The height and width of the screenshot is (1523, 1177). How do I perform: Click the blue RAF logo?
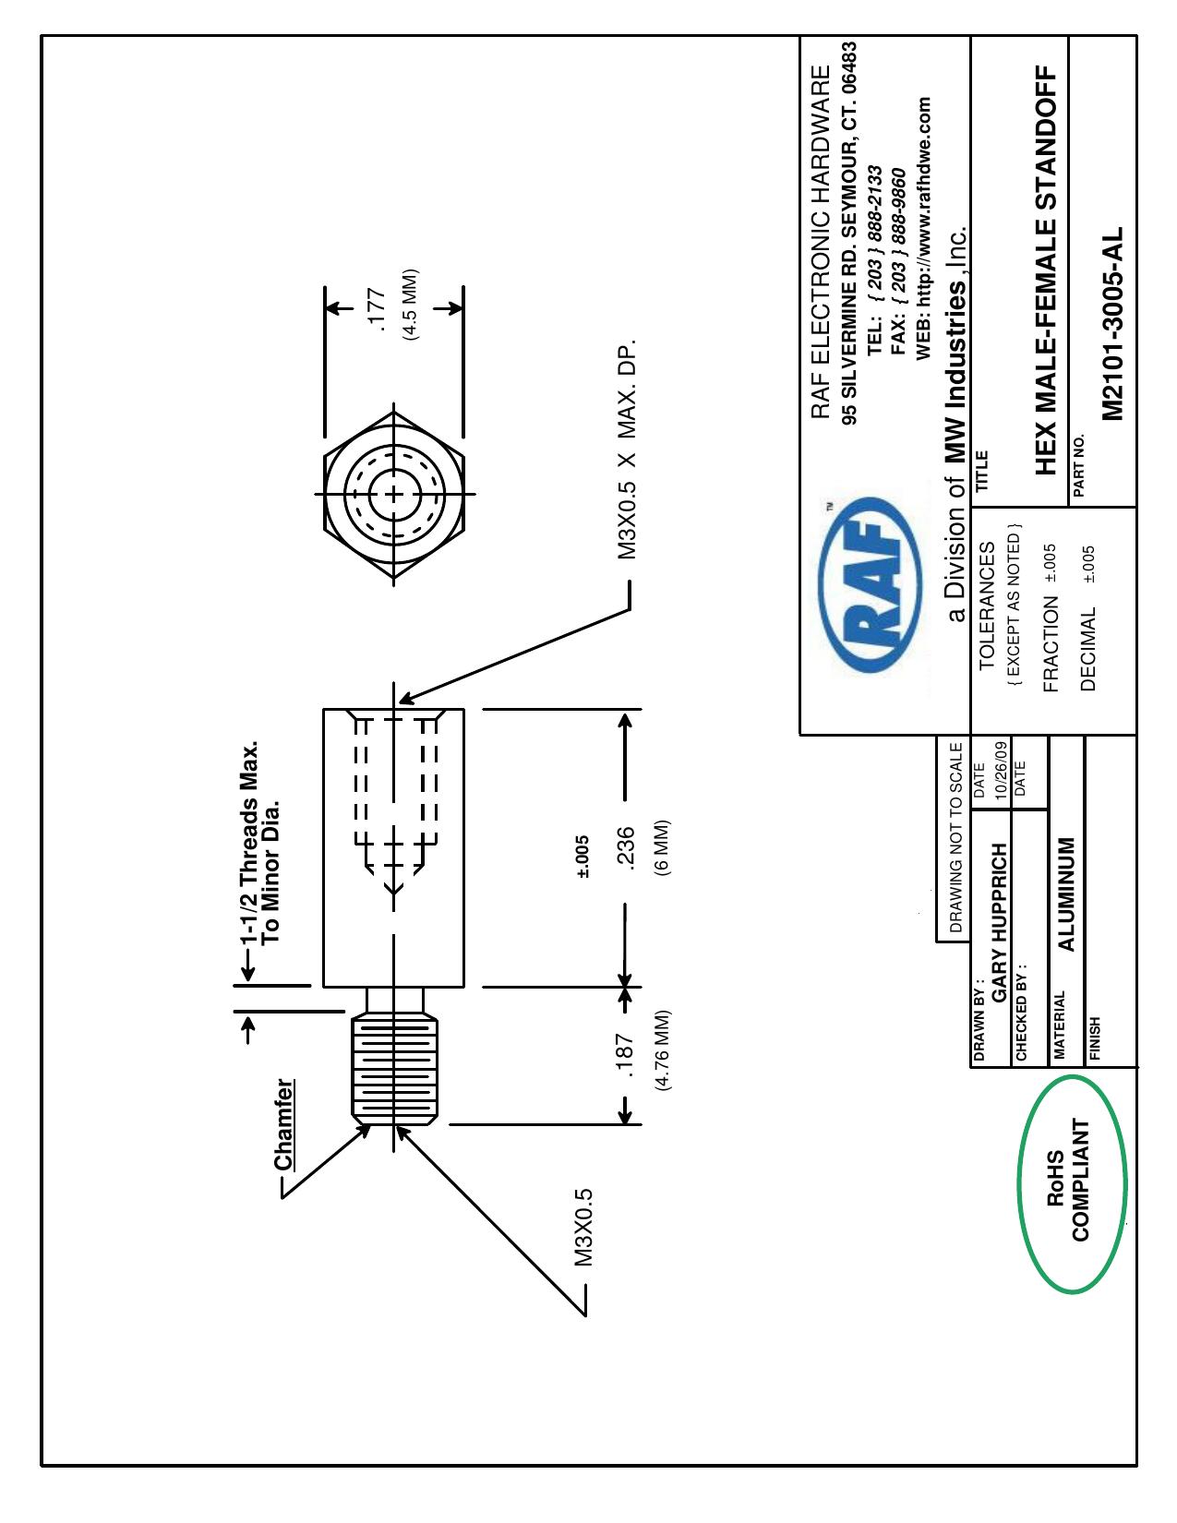pyautogui.click(x=870, y=584)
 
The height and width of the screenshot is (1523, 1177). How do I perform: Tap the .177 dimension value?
pyautogui.click(x=377, y=309)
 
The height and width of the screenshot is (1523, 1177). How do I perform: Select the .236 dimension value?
pyautogui.click(x=626, y=849)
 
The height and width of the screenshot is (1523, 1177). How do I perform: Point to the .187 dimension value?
pyautogui.click(x=625, y=1055)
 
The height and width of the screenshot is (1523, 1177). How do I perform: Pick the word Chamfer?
pyautogui.click(x=284, y=1124)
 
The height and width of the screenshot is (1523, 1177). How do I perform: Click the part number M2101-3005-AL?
pyautogui.click(x=1111, y=323)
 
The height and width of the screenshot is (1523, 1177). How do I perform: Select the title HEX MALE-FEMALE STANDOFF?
pyautogui.click(x=1046, y=270)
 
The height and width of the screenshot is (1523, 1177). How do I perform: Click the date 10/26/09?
pyautogui.click(x=1001, y=771)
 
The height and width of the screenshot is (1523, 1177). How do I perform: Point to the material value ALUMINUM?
pyautogui.click(x=1065, y=894)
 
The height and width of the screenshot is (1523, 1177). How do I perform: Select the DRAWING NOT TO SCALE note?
pyautogui.click(x=955, y=837)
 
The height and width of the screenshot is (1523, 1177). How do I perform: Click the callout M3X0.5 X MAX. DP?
pyautogui.click(x=627, y=450)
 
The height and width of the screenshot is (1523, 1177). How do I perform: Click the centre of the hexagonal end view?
pyautogui.click(x=394, y=494)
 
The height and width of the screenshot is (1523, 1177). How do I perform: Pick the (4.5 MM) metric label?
pyautogui.click(x=410, y=305)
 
